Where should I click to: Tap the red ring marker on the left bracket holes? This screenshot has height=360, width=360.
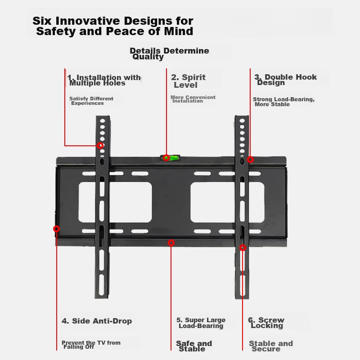click(100, 145)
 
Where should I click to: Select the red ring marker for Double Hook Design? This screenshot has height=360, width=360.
click(251, 160)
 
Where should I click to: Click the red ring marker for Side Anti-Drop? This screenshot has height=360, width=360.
click(57, 229)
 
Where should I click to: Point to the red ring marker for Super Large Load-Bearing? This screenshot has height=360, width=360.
click(171, 243)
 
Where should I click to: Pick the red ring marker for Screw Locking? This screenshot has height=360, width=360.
click(243, 247)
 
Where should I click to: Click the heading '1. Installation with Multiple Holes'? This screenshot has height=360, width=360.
click(104, 80)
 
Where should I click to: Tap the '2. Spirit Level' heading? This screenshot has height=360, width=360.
click(188, 81)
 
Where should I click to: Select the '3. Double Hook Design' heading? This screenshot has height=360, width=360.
click(286, 80)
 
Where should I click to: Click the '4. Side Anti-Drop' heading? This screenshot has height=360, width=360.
click(97, 321)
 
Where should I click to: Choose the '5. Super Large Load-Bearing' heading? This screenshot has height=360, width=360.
click(201, 323)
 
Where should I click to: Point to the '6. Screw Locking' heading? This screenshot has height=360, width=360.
click(266, 323)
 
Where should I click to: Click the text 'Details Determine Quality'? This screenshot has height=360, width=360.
click(170, 54)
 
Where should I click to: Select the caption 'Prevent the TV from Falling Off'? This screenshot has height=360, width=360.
click(91, 345)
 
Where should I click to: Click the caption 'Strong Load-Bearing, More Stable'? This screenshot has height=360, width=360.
click(284, 102)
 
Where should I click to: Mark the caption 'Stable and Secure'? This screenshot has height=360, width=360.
click(271, 346)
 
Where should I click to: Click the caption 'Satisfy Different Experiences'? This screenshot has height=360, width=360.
click(91, 101)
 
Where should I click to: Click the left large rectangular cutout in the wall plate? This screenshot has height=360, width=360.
click(115, 202)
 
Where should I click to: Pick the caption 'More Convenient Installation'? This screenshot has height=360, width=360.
click(193, 99)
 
